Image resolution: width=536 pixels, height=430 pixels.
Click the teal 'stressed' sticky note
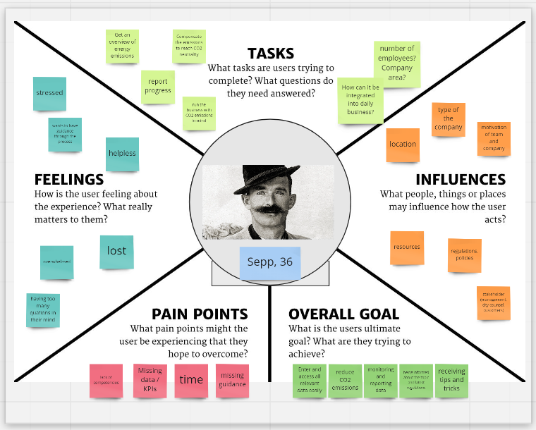point(50,93)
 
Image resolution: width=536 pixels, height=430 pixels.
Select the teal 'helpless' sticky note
point(122,154)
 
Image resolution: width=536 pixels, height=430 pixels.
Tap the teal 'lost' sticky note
point(116,252)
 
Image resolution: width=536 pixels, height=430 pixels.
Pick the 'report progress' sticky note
point(158,87)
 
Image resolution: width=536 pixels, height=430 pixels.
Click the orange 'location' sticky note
point(403,145)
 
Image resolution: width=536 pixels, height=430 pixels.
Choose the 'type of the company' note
point(449,119)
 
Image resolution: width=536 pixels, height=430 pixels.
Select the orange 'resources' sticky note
point(407,248)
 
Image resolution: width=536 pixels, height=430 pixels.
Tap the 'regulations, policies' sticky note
point(465,254)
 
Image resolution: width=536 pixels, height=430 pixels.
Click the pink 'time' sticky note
point(191,380)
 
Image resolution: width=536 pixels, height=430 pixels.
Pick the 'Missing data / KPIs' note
point(150,380)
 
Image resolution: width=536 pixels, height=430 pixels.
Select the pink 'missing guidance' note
point(232,380)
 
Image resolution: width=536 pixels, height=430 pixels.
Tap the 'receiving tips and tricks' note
point(451,380)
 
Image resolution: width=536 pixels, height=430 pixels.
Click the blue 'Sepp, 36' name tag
point(270,262)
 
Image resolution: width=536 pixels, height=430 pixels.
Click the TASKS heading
point(271,54)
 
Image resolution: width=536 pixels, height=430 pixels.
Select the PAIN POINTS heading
point(200,314)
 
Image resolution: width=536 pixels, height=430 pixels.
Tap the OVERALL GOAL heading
point(344,314)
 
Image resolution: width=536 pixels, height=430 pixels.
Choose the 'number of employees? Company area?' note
point(397,63)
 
